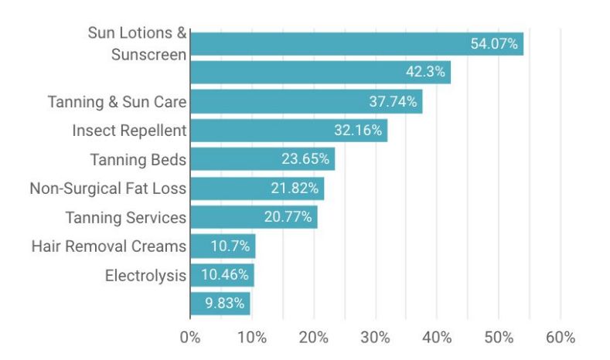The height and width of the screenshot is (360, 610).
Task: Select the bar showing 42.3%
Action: point(320,73)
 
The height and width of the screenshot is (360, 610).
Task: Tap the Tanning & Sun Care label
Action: point(117,102)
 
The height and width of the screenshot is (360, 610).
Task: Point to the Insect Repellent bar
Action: point(288,131)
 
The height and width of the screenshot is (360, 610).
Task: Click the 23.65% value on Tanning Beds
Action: point(305,160)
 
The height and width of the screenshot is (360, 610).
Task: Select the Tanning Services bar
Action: point(254,217)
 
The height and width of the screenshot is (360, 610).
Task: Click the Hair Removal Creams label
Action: point(109,246)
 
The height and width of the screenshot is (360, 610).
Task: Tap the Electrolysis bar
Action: point(222,275)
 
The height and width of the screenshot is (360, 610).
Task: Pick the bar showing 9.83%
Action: point(220,304)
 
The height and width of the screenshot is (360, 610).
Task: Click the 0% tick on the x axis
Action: point(190,338)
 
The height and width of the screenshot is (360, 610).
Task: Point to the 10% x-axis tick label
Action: point(252,338)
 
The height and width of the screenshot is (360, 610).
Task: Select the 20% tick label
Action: point(314,338)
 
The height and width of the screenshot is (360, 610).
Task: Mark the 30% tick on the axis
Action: point(376,338)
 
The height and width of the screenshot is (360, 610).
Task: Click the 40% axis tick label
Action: point(437,338)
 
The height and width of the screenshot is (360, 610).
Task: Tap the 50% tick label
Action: point(499,338)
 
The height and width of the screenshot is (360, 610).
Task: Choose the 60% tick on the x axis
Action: point(561,338)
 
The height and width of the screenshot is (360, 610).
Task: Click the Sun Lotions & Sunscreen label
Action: point(138,44)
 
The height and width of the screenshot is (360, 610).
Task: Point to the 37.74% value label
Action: point(392,102)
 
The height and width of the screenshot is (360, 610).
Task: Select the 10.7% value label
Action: point(226,246)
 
